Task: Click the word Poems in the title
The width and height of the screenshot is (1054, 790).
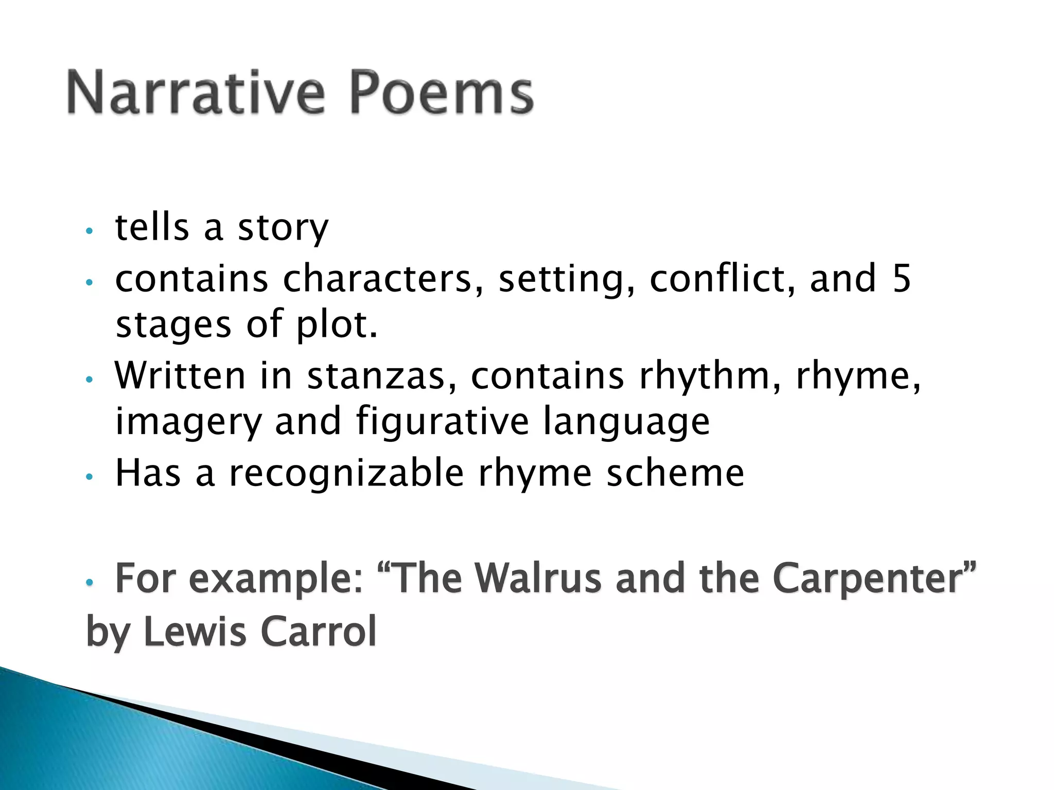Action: (442, 94)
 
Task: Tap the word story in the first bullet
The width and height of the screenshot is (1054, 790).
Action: (283, 228)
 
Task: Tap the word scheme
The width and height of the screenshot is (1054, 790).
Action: (675, 473)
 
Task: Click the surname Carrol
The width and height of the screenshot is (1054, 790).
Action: (319, 631)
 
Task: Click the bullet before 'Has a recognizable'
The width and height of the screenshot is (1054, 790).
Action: (90, 477)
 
